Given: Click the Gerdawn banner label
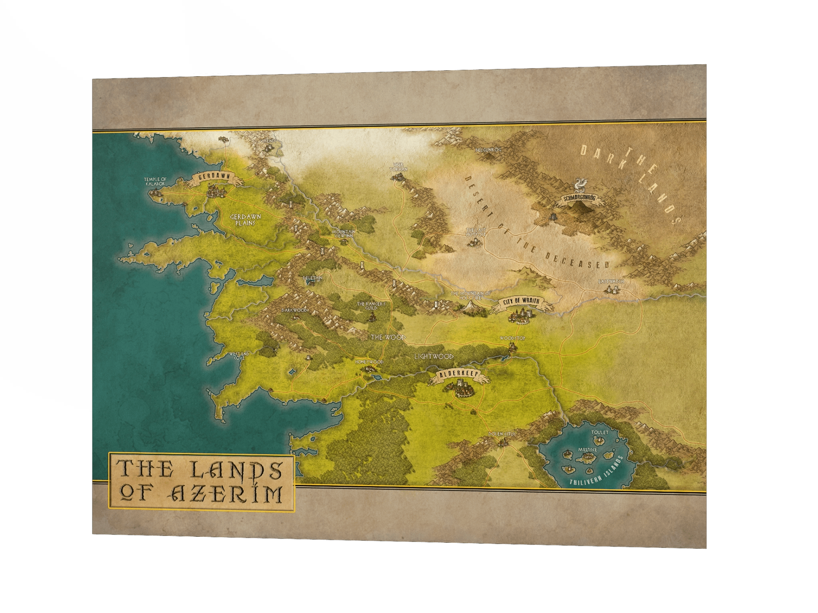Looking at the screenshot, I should (214, 177).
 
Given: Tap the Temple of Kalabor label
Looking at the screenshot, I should (155, 181).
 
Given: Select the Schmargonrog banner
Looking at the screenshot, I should (579, 198).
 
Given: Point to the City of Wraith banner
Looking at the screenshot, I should (521, 301).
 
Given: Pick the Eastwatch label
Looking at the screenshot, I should (611, 282).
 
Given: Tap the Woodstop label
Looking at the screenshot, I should (513, 338).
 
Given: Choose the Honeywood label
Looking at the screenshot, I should (369, 362).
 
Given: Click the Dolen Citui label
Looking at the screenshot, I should (501, 434).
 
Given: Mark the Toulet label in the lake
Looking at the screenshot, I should (599, 433).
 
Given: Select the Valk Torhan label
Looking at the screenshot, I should (398, 167).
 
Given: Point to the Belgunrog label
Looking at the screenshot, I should (488, 150).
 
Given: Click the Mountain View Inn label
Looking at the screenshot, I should (343, 234).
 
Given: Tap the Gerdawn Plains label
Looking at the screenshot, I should (245, 220).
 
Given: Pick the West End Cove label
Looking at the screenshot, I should (239, 356).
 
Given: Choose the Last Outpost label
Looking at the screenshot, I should (476, 232).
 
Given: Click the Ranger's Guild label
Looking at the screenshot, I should (371, 306).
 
